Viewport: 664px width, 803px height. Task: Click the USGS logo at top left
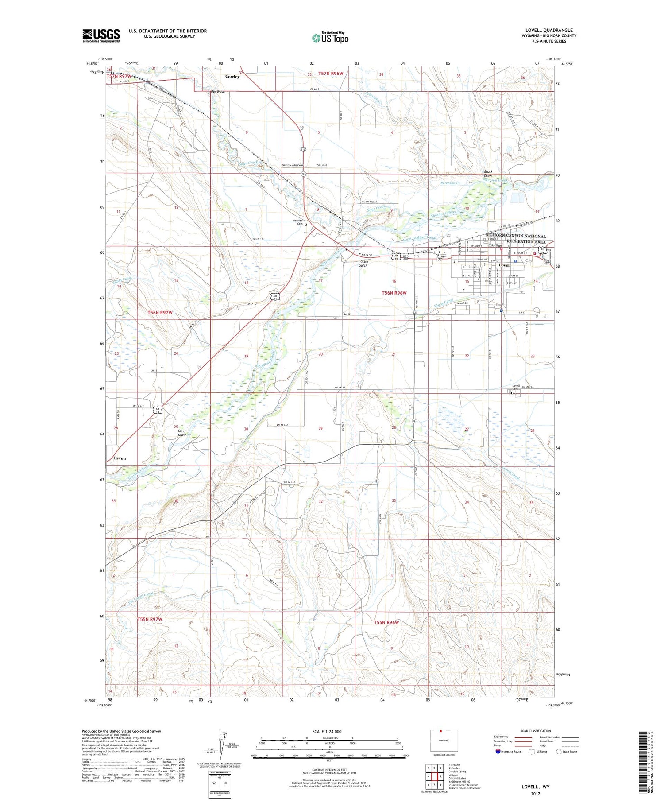(x=101, y=35)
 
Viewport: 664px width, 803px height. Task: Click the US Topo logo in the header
(x=330, y=38)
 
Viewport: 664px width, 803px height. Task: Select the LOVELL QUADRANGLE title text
(x=549, y=30)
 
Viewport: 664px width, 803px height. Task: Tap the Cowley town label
(x=232, y=77)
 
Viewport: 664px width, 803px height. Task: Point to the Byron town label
(x=120, y=458)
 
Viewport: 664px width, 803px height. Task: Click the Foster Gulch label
(x=363, y=263)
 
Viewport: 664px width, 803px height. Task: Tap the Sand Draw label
(x=182, y=433)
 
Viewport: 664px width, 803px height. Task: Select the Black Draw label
(x=488, y=174)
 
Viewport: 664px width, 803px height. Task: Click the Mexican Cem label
(x=298, y=222)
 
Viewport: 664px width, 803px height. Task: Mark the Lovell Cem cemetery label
(x=516, y=387)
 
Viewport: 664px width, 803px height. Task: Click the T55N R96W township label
(x=386, y=622)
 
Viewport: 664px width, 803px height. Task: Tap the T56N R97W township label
(x=160, y=312)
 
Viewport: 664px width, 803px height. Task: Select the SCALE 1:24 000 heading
(x=327, y=731)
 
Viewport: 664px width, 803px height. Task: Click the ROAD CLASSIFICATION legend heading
(x=536, y=731)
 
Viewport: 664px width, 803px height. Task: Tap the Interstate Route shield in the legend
(x=498, y=752)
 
